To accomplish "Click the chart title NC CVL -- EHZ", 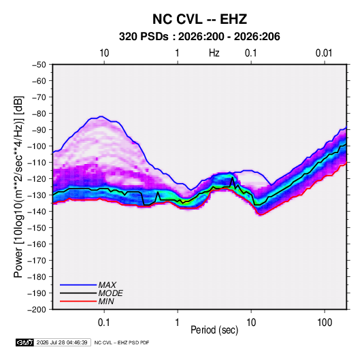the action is pyautogui.click(x=199, y=19).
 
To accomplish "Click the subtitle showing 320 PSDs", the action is pyautogui.click(x=199, y=37).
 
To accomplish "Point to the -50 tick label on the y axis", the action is pyautogui.click(x=39, y=65).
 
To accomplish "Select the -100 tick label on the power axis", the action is pyautogui.click(x=37, y=146).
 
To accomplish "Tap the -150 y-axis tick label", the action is pyautogui.click(x=37, y=228).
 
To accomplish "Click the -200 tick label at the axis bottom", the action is pyautogui.click(x=37, y=310).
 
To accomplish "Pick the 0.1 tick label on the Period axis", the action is pyautogui.click(x=104, y=323).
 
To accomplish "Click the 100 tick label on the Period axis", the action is pyautogui.click(x=325, y=323).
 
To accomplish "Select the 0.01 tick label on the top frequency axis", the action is pyautogui.click(x=324, y=53).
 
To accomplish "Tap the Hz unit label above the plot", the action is pyautogui.click(x=214, y=53).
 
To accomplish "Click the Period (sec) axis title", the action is pyautogui.click(x=214, y=330).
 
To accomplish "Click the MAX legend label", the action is pyautogui.click(x=107, y=284).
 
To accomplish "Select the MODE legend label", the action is pyautogui.click(x=110, y=293).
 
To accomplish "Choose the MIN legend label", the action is pyautogui.click(x=106, y=301).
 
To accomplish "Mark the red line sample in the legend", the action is pyautogui.click(x=78, y=301).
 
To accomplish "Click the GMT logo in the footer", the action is pyautogui.click(x=24, y=342).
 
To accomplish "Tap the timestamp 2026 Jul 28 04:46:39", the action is pyautogui.click(x=62, y=342).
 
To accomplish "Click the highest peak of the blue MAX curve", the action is pyautogui.click(x=101, y=116).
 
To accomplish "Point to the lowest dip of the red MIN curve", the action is pyautogui.click(x=260, y=215).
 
